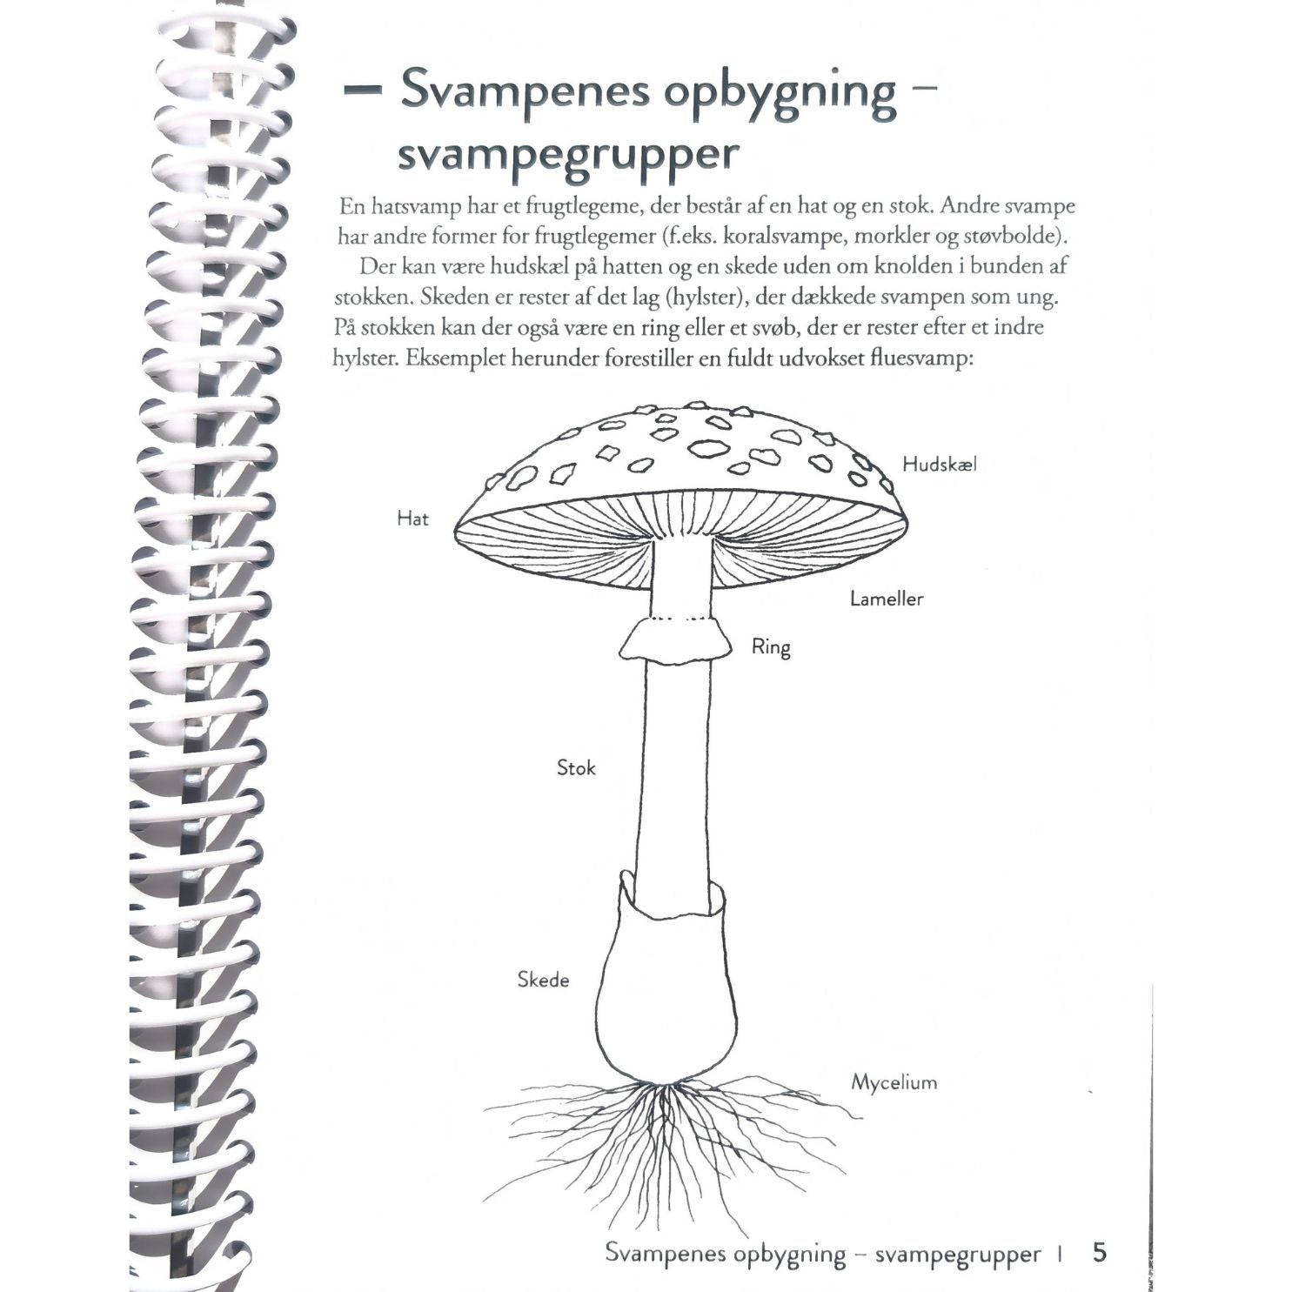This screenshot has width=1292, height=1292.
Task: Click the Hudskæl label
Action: (939, 465)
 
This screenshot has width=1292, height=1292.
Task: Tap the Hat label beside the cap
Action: (412, 519)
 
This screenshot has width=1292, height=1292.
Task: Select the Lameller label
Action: (886, 599)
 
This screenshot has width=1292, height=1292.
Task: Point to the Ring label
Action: (771, 647)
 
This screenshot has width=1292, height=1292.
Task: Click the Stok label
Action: (576, 767)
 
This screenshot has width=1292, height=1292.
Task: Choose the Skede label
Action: (543, 980)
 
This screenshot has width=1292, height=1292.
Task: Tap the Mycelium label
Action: (894, 1083)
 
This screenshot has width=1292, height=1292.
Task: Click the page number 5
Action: (1100, 1252)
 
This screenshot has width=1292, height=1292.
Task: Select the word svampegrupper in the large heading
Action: (568, 155)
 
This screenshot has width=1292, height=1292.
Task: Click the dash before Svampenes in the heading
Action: (362, 90)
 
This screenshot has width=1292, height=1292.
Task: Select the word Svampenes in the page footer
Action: (665, 1253)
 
